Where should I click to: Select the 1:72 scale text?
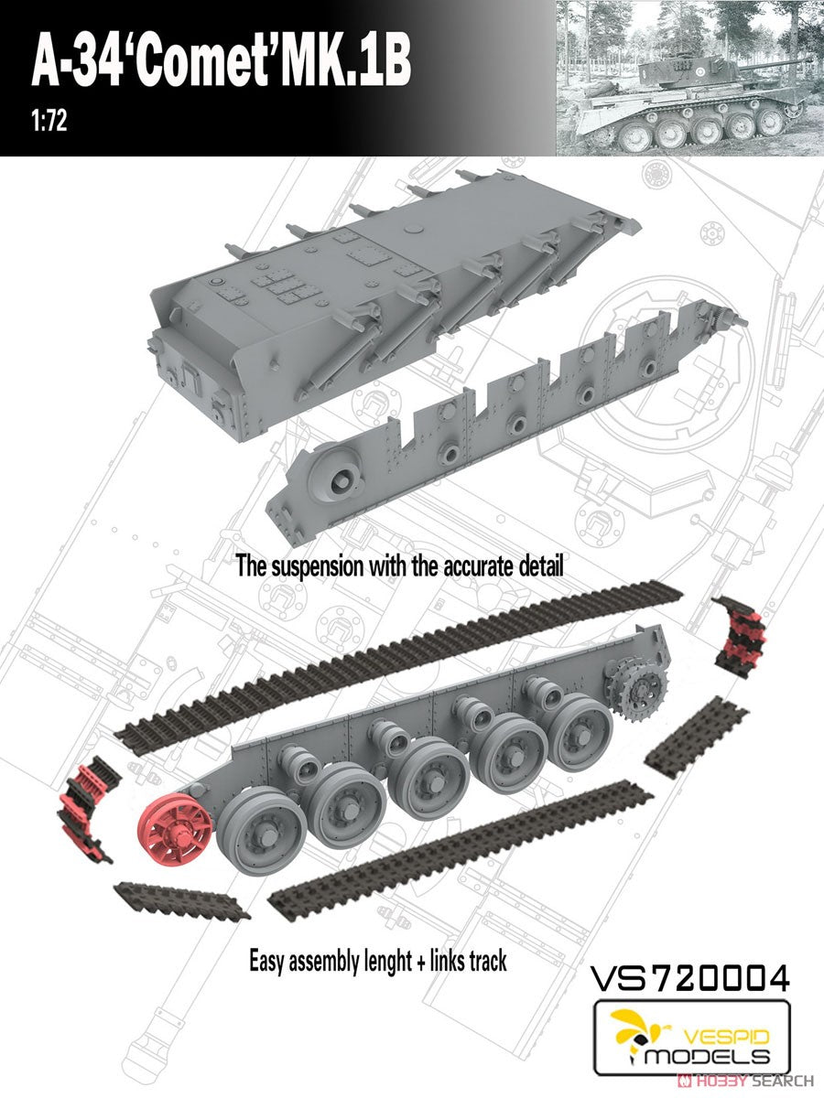click(49, 121)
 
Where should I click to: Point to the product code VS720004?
click(689, 977)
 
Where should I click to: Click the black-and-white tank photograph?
click(690, 78)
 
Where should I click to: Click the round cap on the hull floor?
click(413, 229)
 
